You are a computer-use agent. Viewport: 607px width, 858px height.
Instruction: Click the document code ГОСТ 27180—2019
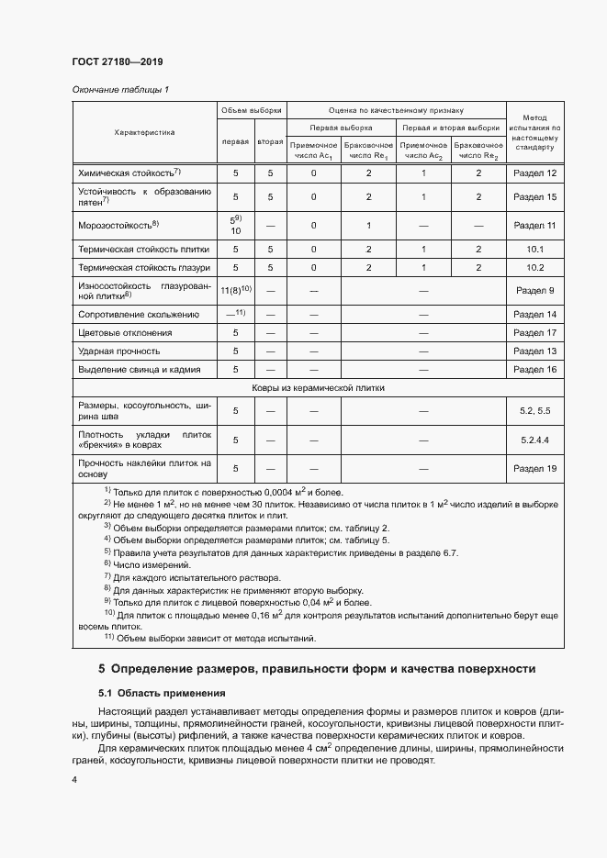tap(117, 62)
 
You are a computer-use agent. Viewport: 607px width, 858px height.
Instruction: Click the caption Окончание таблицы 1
tap(120, 90)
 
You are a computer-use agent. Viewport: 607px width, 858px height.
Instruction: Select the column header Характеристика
tap(144, 132)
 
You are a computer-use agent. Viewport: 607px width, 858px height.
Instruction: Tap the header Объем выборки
tap(251, 109)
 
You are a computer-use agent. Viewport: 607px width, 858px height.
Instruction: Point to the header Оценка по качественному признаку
tap(396, 109)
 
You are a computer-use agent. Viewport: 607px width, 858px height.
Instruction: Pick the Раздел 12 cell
tap(534, 173)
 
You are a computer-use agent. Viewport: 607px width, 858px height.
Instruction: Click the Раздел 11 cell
tap(534, 224)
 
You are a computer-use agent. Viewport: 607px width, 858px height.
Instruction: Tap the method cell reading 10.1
tap(534, 249)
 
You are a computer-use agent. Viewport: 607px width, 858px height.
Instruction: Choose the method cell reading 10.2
tap(534, 267)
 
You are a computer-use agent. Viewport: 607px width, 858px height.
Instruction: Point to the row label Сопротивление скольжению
tap(139, 314)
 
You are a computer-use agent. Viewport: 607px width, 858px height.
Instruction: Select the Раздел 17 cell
tap(534, 332)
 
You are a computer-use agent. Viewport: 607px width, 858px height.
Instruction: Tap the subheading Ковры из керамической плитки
tap(318, 387)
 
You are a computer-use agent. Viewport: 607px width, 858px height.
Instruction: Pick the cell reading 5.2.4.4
tap(534, 440)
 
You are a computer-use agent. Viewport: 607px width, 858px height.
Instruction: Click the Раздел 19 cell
tap(534, 468)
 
